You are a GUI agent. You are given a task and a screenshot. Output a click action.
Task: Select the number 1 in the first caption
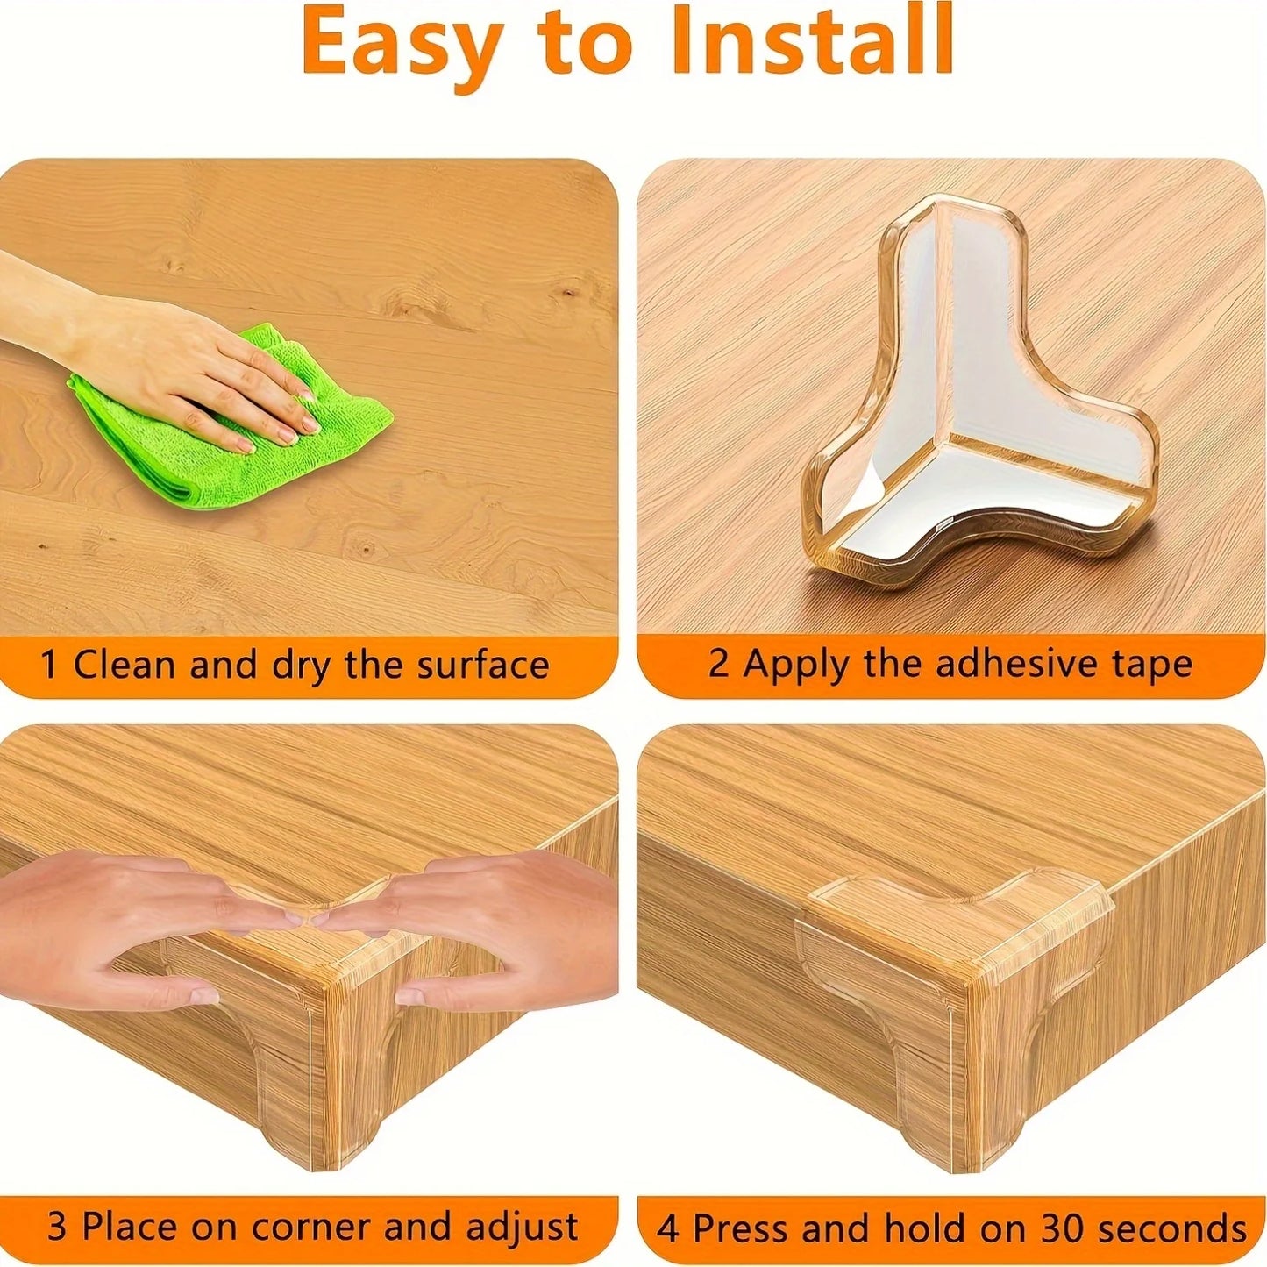(x=50, y=665)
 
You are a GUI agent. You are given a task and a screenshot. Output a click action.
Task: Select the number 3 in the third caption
(x=56, y=1227)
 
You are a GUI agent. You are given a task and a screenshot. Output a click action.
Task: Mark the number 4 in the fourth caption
(x=667, y=1228)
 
